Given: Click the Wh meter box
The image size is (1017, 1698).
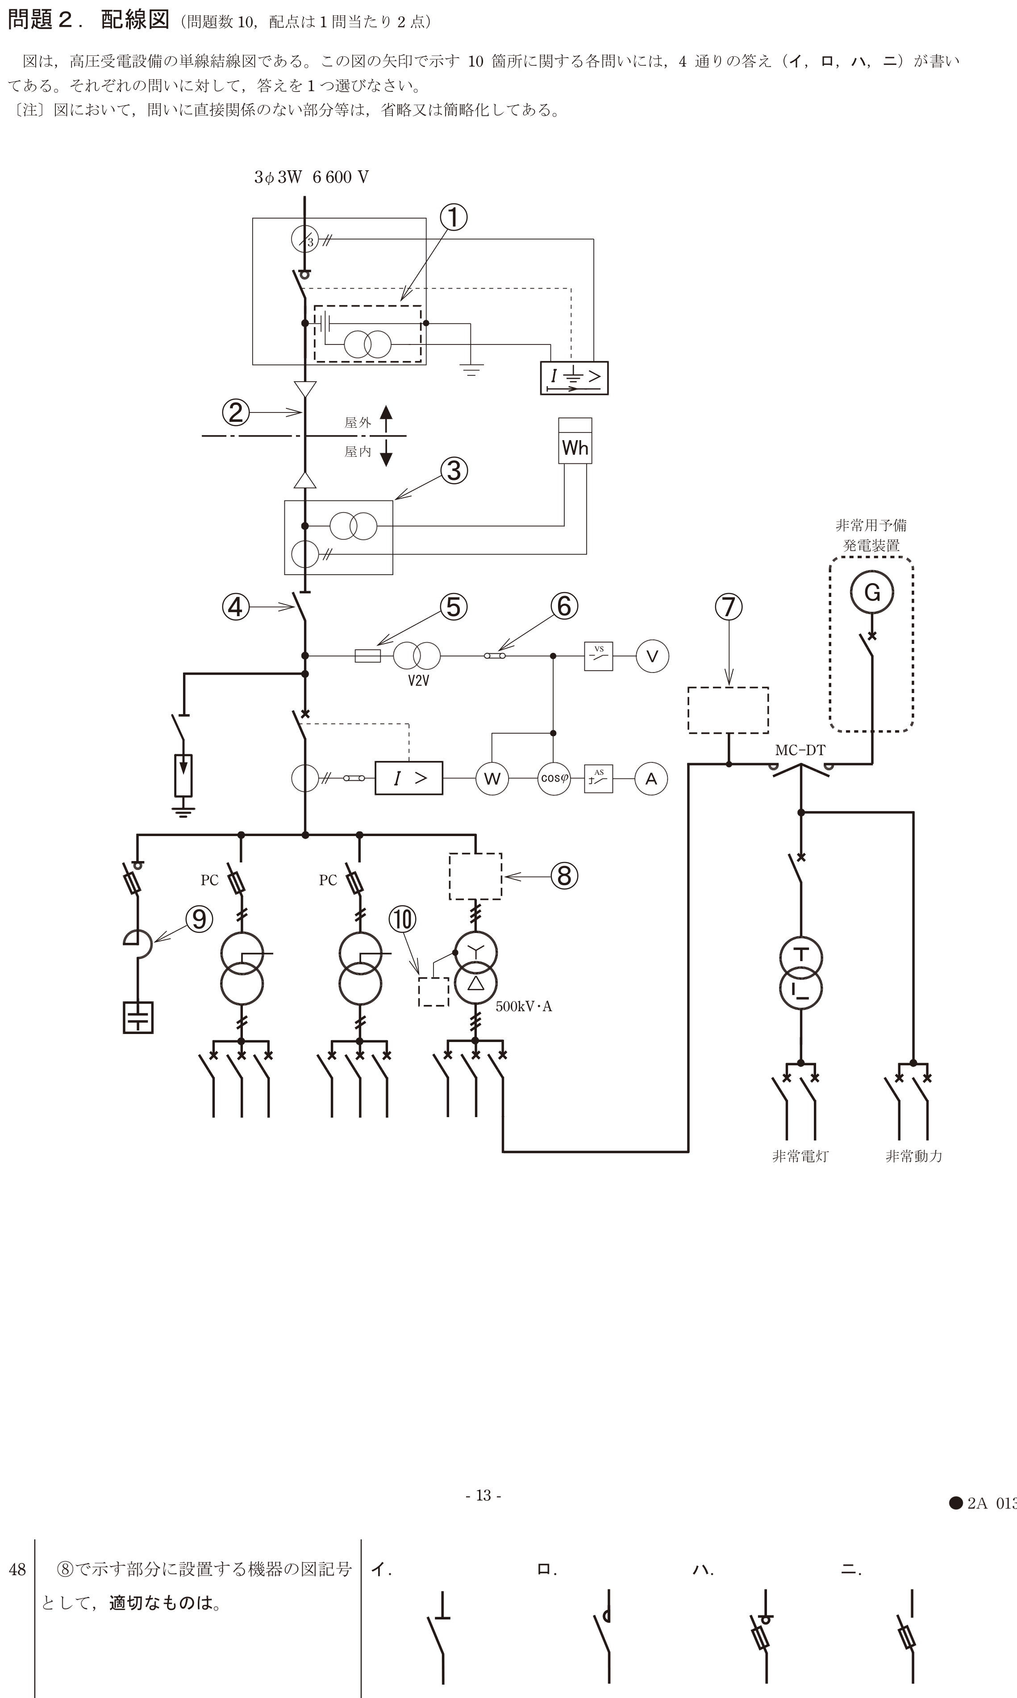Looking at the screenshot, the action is (575, 441).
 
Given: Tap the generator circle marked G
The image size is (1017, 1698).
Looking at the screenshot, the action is (872, 592).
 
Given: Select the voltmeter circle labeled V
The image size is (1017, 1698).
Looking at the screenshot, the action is (652, 656).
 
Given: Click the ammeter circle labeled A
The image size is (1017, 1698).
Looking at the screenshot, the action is (651, 779).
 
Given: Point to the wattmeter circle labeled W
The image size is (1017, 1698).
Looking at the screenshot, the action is (492, 779).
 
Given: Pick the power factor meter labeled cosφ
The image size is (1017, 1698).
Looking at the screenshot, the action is (554, 779).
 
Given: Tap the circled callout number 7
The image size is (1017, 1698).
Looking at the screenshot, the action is (729, 607).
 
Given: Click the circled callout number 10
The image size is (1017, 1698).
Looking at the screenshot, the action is (402, 919).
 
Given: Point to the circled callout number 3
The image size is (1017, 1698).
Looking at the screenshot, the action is (454, 471).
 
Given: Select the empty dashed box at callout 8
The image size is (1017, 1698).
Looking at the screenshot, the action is (475, 876).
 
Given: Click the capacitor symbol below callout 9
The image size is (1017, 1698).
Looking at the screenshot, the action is (138, 1018).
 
